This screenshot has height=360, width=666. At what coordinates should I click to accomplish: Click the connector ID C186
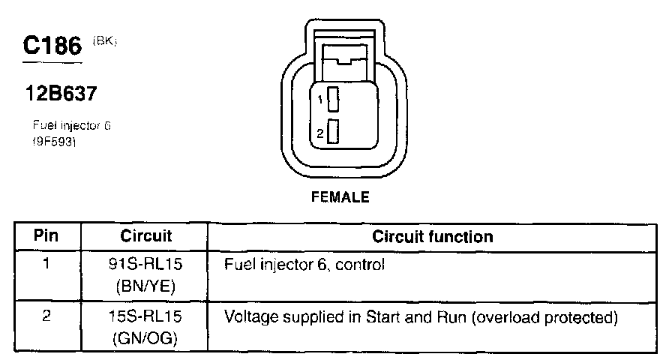tap(52, 46)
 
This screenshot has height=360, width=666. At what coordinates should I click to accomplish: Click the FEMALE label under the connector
tap(340, 199)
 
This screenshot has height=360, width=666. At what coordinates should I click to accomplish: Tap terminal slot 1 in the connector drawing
tap(333, 99)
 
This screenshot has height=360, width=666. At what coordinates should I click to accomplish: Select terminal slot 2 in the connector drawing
tap(333, 132)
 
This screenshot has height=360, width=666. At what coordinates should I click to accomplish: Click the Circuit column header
tap(146, 237)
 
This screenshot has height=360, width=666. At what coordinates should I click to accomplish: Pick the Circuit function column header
tap(433, 237)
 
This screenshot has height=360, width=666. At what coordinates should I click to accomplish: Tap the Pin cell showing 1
tap(46, 265)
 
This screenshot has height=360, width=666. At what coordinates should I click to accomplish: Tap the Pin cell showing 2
tap(46, 317)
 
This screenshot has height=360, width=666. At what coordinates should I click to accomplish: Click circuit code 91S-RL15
tap(146, 265)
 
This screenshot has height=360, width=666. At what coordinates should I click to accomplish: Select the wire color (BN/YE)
tap(146, 286)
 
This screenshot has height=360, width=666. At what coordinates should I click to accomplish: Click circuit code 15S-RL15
tap(146, 318)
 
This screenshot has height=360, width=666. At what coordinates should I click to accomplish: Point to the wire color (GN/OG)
tap(146, 338)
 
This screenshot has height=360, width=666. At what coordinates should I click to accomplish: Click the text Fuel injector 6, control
tap(304, 265)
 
